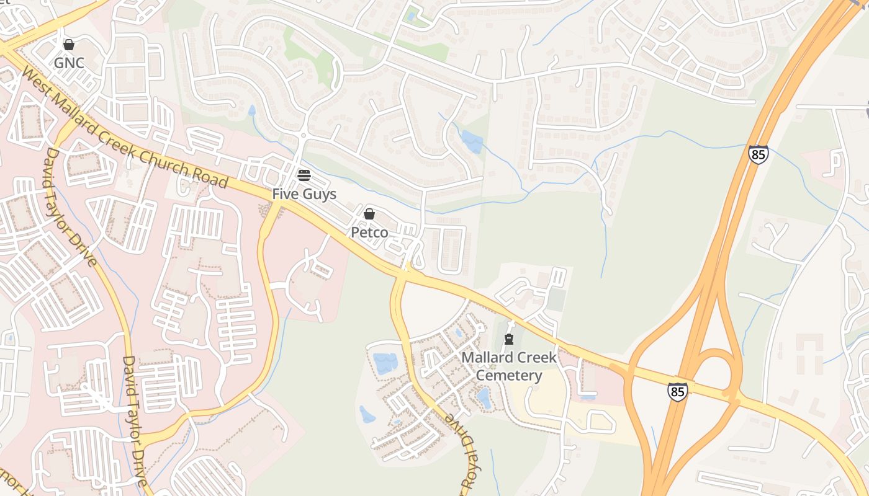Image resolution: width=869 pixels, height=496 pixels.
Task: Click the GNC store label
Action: pyautogui.click(x=69, y=63)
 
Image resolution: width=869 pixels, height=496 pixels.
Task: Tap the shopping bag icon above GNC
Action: pyautogui.click(x=69, y=45)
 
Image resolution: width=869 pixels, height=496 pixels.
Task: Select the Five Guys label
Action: pyautogui.click(x=304, y=194)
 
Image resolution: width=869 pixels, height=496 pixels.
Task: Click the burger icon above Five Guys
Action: pyautogui.click(x=304, y=175)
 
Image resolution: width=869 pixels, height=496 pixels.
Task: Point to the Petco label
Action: pyautogui.click(x=369, y=232)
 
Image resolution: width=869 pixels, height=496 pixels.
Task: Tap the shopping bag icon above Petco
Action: pyautogui.click(x=369, y=214)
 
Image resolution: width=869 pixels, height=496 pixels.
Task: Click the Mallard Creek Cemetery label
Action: pyautogui.click(x=509, y=366)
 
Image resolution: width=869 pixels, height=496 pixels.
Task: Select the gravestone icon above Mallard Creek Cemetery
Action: pyautogui.click(x=509, y=339)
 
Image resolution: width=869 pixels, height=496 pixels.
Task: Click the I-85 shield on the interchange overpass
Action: pyautogui.click(x=678, y=391)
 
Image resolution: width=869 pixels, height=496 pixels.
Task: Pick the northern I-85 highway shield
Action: pyautogui.click(x=758, y=154)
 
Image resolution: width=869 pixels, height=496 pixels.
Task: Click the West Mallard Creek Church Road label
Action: pyautogui.click(x=125, y=128)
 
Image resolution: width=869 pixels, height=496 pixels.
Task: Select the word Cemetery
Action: pyautogui.click(x=509, y=376)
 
